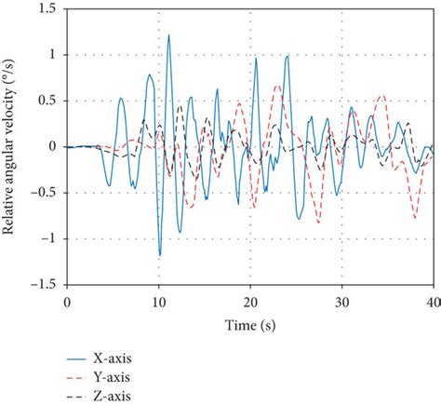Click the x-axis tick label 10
(158, 304)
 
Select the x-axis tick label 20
(250, 304)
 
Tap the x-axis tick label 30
(342, 304)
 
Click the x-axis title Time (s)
(249, 324)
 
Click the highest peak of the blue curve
(168, 35)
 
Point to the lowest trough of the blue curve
(160, 254)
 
